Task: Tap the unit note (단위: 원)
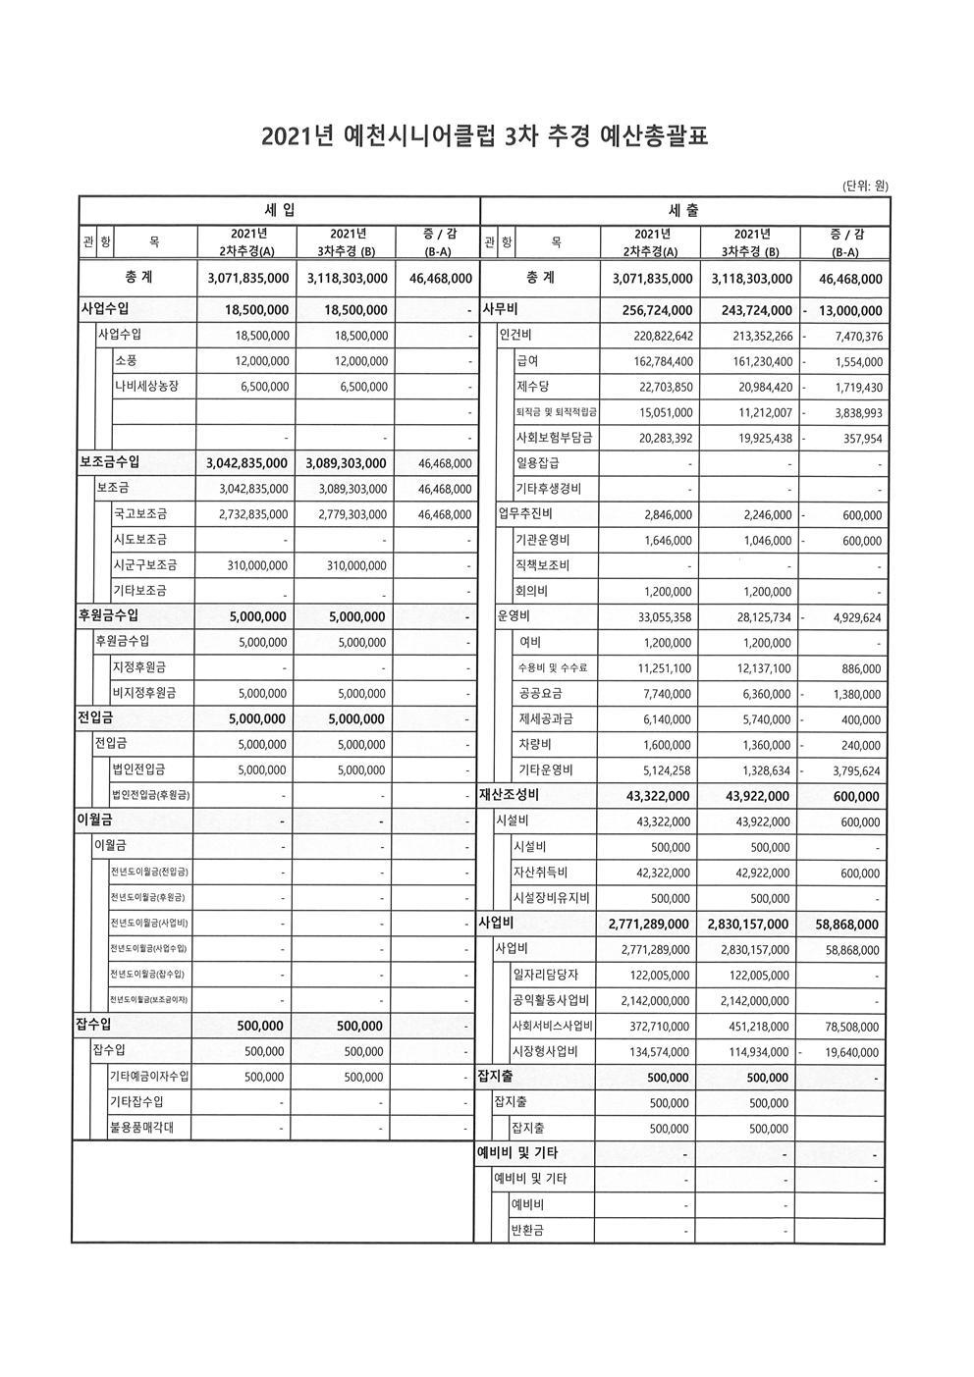coord(865,185)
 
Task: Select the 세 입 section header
coord(279,210)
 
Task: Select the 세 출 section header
coord(683,210)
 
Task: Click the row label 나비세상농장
coord(147,386)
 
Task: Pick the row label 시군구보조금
coord(139,565)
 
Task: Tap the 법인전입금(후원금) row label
coord(150,795)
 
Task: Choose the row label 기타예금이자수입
coord(149,1077)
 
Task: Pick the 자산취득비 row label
coord(540,873)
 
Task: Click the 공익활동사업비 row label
coord(550,1000)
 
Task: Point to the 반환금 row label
coord(527,1230)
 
